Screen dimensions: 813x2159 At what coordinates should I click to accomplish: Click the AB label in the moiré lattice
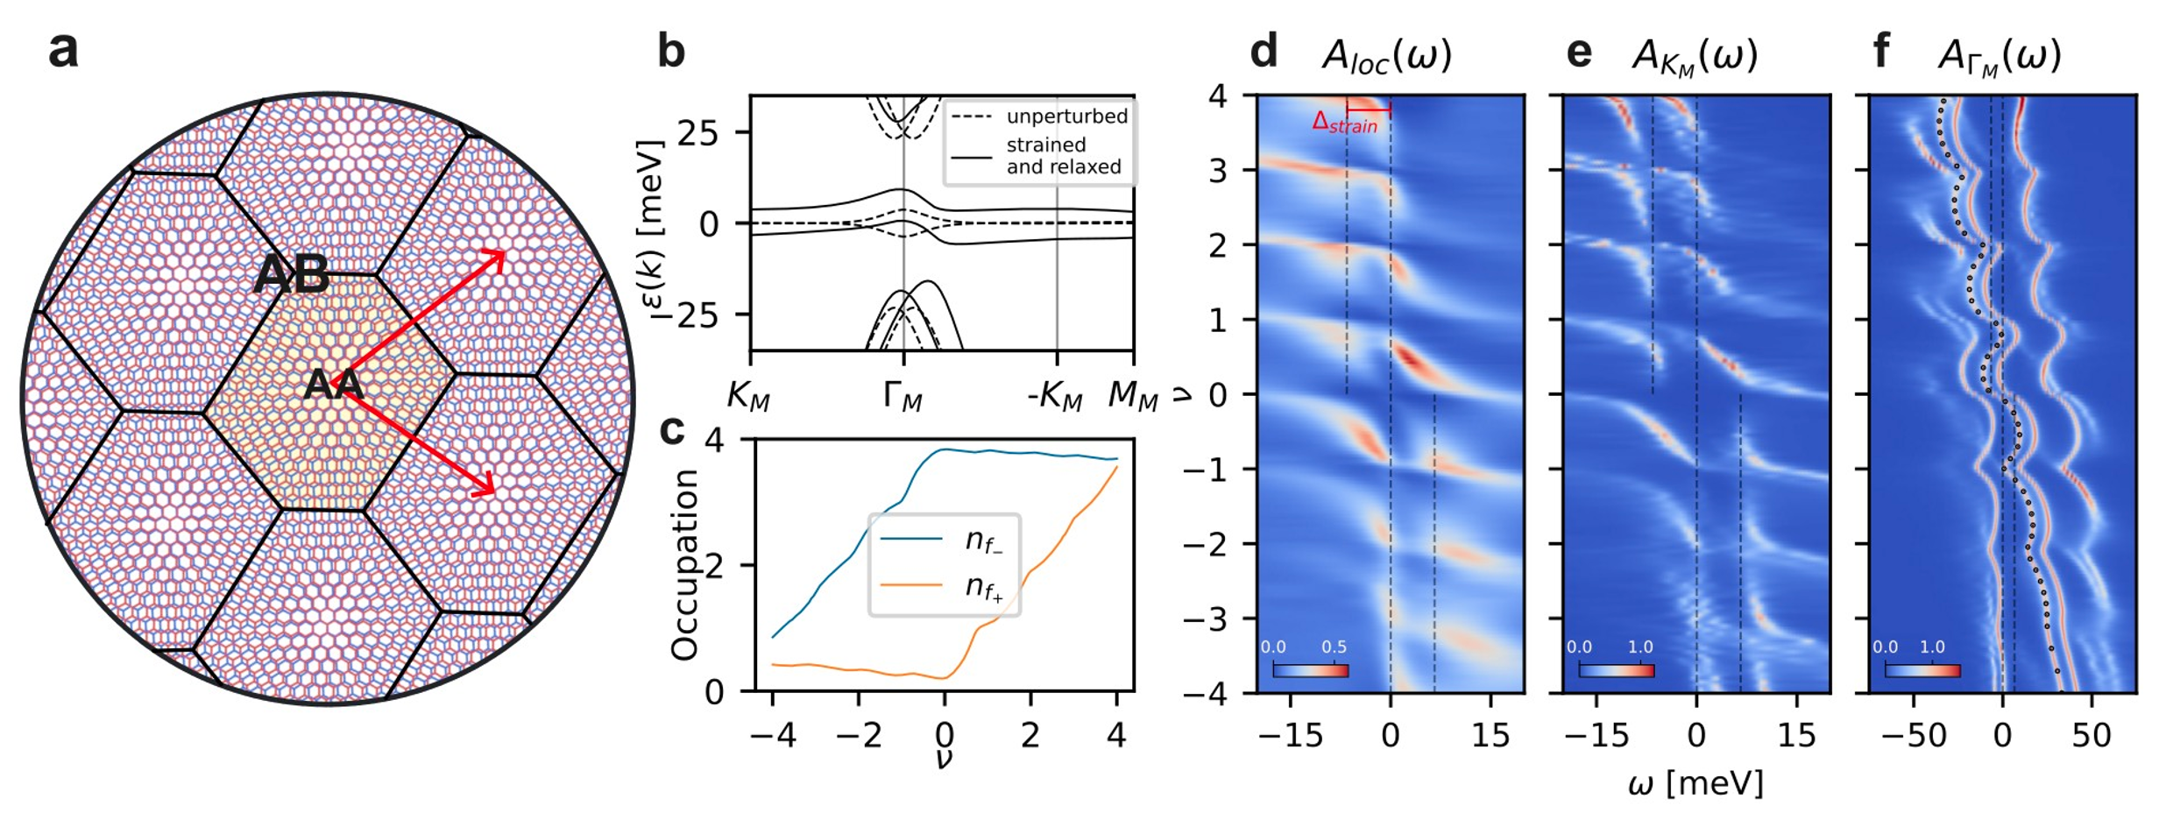pyautogui.click(x=292, y=276)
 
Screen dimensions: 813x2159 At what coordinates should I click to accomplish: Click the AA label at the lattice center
pyautogui.click(x=333, y=386)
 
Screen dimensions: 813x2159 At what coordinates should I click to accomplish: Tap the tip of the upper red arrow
pyautogui.click(x=503, y=253)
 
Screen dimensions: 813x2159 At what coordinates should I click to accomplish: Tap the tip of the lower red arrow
pyautogui.click(x=493, y=492)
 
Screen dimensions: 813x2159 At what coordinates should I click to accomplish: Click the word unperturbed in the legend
pyautogui.click(x=1066, y=117)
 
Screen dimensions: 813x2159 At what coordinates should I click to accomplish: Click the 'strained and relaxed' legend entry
pyautogui.click(x=1063, y=156)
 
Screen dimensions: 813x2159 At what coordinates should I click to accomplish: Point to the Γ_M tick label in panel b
pyautogui.click(x=903, y=399)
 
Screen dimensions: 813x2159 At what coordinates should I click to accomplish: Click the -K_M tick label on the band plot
pyautogui.click(x=1055, y=399)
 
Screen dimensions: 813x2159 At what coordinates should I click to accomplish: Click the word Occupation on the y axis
pyautogui.click(x=684, y=565)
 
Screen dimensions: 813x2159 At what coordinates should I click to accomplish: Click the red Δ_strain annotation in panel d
pyautogui.click(x=1344, y=124)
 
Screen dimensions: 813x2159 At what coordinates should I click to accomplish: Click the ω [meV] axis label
pyautogui.click(x=1695, y=783)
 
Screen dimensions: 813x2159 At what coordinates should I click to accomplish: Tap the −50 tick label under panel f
pyautogui.click(x=1914, y=735)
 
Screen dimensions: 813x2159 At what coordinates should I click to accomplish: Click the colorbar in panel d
pyautogui.click(x=1310, y=670)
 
